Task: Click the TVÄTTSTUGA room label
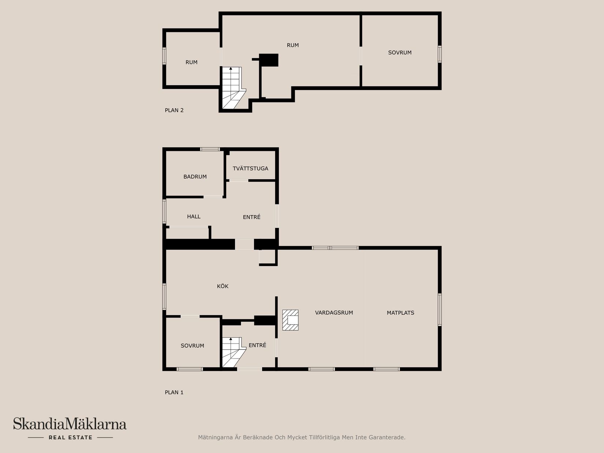(250, 168)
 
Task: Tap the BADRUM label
(195, 177)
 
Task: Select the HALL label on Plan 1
(194, 217)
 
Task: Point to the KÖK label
(223, 286)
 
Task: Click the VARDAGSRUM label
(334, 313)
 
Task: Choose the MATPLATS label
(400, 313)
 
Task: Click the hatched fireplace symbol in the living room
(290, 320)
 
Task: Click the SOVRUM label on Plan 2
(400, 53)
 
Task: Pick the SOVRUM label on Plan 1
(192, 346)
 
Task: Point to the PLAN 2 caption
(174, 111)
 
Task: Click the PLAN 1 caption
(174, 393)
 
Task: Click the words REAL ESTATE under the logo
(70, 437)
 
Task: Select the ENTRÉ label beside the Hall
(251, 217)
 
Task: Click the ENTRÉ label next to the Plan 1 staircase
(257, 345)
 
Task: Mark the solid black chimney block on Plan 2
(269, 60)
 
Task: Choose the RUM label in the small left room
(191, 63)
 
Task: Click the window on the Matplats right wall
(440, 309)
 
